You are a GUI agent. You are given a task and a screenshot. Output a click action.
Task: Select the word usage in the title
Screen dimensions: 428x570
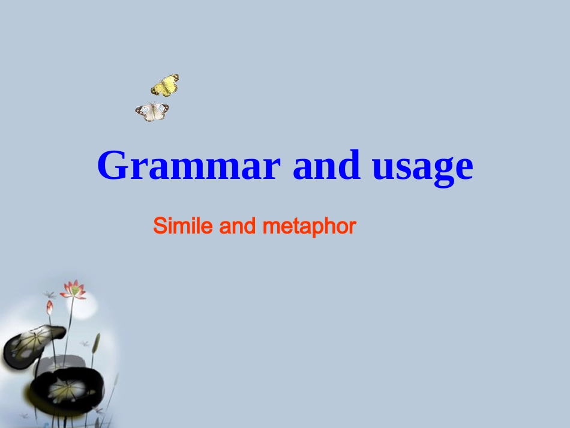(x=422, y=167)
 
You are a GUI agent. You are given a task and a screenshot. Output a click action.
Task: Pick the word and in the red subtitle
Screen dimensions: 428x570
(x=238, y=226)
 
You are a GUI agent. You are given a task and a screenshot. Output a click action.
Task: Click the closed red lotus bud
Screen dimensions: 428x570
(x=50, y=307)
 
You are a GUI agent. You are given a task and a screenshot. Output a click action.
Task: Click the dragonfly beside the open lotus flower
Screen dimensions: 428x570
(x=49, y=295)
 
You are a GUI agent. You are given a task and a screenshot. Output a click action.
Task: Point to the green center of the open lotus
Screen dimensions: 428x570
(x=74, y=291)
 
